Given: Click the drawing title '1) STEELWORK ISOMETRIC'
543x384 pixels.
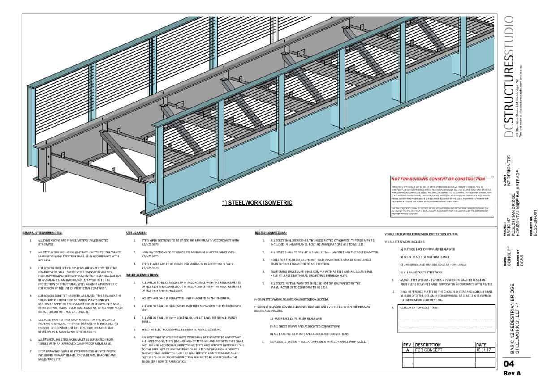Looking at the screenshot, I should point(257,203).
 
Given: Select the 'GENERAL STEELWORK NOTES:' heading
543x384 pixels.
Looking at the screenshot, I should point(43,233).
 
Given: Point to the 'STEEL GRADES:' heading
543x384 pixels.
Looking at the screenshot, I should point(136,233).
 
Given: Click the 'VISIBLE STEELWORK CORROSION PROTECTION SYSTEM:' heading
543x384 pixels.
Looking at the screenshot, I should point(421,234).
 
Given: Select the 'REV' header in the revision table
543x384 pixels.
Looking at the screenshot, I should point(407,345).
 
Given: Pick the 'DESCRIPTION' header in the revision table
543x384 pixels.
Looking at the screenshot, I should point(428,345).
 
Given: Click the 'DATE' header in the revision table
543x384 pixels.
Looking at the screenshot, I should point(482,345).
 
